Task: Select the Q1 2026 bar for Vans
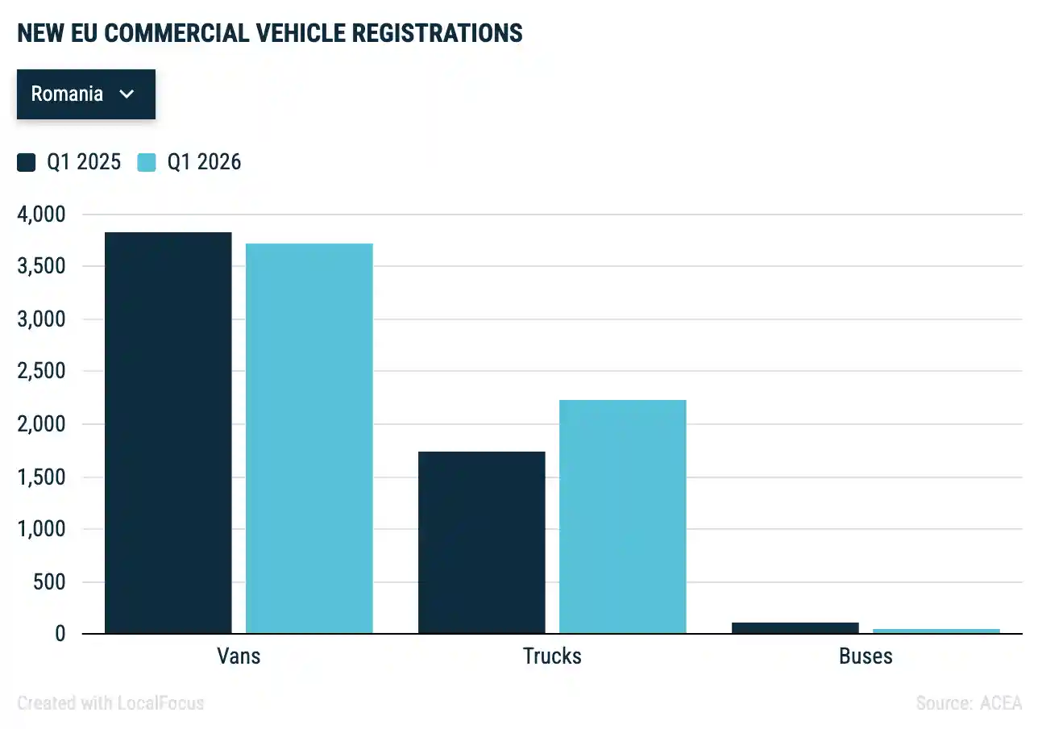pos(309,439)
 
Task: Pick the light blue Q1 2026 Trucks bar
pos(623,517)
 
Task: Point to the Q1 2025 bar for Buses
pos(795,628)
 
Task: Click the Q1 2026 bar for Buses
pos(936,631)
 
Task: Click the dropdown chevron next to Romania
pos(127,94)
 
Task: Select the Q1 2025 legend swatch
pos(27,163)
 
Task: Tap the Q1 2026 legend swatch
pos(147,163)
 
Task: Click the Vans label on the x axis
pos(239,656)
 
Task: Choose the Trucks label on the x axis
pos(552,656)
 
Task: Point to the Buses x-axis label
pos(866,656)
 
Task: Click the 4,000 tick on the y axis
pos(39,215)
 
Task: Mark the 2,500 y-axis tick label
pos(39,372)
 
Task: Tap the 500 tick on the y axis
pos(49,582)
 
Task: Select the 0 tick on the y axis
pos(60,635)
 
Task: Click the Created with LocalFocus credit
pos(110,703)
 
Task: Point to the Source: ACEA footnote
pos(969,703)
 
